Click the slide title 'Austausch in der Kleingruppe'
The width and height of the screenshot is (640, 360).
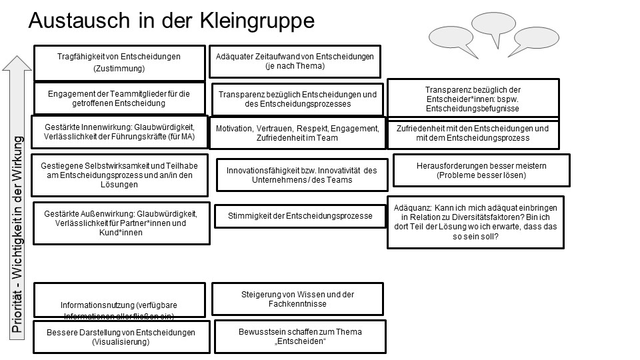point(171,21)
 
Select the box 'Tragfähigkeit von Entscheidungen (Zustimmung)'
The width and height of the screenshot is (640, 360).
point(119,62)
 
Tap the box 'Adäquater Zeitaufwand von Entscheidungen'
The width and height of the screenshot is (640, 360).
point(295,61)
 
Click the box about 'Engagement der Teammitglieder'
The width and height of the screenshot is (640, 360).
point(119,99)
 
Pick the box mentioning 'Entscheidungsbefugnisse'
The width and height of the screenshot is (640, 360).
point(473,99)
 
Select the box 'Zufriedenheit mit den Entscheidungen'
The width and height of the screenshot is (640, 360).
point(473,133)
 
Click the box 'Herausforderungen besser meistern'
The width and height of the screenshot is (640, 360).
point(481,171)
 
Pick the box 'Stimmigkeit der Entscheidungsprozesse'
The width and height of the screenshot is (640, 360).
point(299,216)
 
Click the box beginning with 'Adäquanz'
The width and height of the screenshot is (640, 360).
point(475,221)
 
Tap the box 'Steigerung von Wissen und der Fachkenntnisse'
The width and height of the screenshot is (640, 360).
point(297,299)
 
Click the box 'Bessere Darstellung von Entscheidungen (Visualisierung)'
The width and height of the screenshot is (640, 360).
point(119,337)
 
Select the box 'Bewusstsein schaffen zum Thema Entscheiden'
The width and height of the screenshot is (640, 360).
point(300,337)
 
